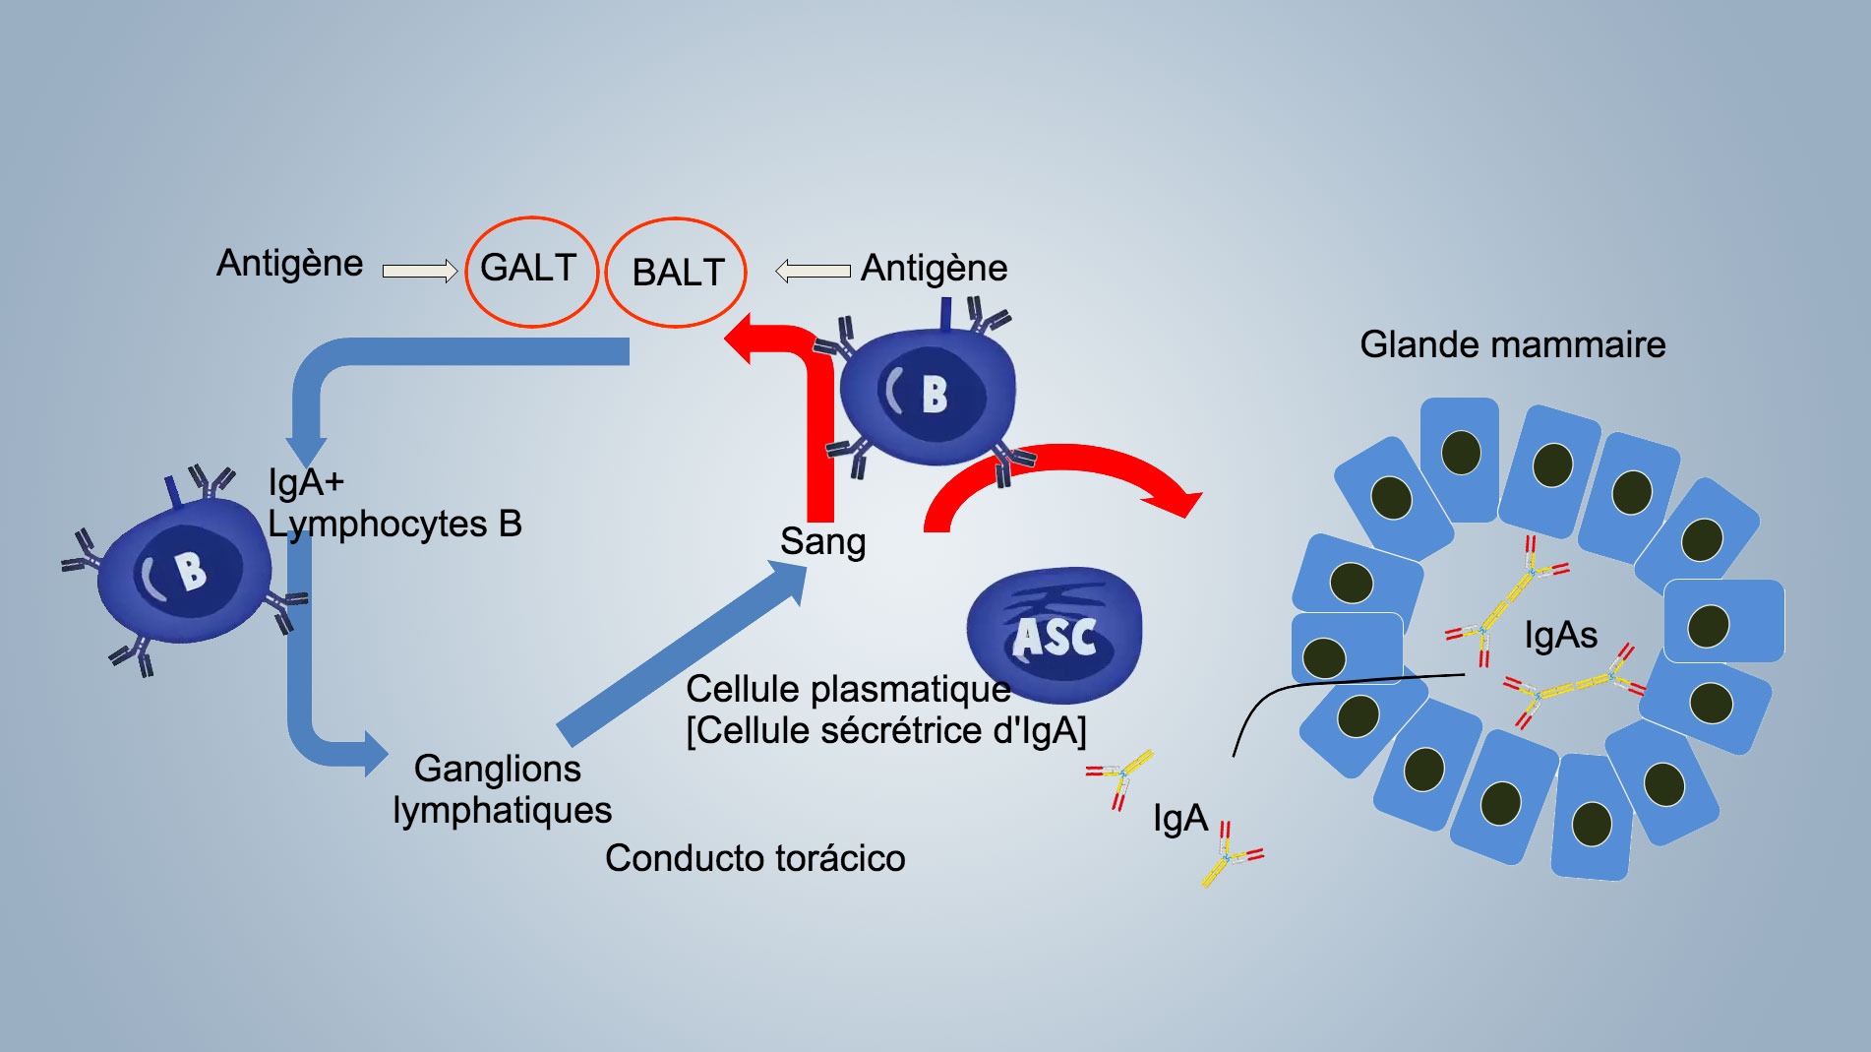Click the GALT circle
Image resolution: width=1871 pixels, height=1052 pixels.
(x=531, y=271)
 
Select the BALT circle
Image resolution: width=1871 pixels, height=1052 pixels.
(x=676, y=273)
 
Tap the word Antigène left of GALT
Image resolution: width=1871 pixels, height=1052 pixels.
(x=289, y=264)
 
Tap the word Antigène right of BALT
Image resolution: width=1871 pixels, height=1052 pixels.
(x=934, y=269)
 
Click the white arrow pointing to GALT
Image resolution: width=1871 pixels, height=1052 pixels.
(x=420, y=271)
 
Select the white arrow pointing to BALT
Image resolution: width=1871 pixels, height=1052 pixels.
(x=813, y=271)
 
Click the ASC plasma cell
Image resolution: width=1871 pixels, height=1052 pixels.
(x=1055, y=634)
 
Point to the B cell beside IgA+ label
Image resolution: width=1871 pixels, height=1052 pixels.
(x=184, y=571)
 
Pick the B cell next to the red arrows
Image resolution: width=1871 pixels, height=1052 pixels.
(x=927, y=394)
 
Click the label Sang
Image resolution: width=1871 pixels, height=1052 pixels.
(x=822, y=542)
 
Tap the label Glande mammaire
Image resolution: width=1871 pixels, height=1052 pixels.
(x=1512, y=345)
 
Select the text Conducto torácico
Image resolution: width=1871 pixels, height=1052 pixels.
(x=754, y=858)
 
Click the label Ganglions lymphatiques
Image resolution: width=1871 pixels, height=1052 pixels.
(x=501, y=789)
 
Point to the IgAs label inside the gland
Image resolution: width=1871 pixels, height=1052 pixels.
(x=1560, y=636)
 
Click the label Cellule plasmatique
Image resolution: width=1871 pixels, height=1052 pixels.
(x=848, y=690)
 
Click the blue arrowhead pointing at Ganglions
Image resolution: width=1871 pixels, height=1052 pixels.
(x=375, y=755)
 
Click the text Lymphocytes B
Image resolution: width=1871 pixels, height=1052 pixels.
(x=394, y=525)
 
